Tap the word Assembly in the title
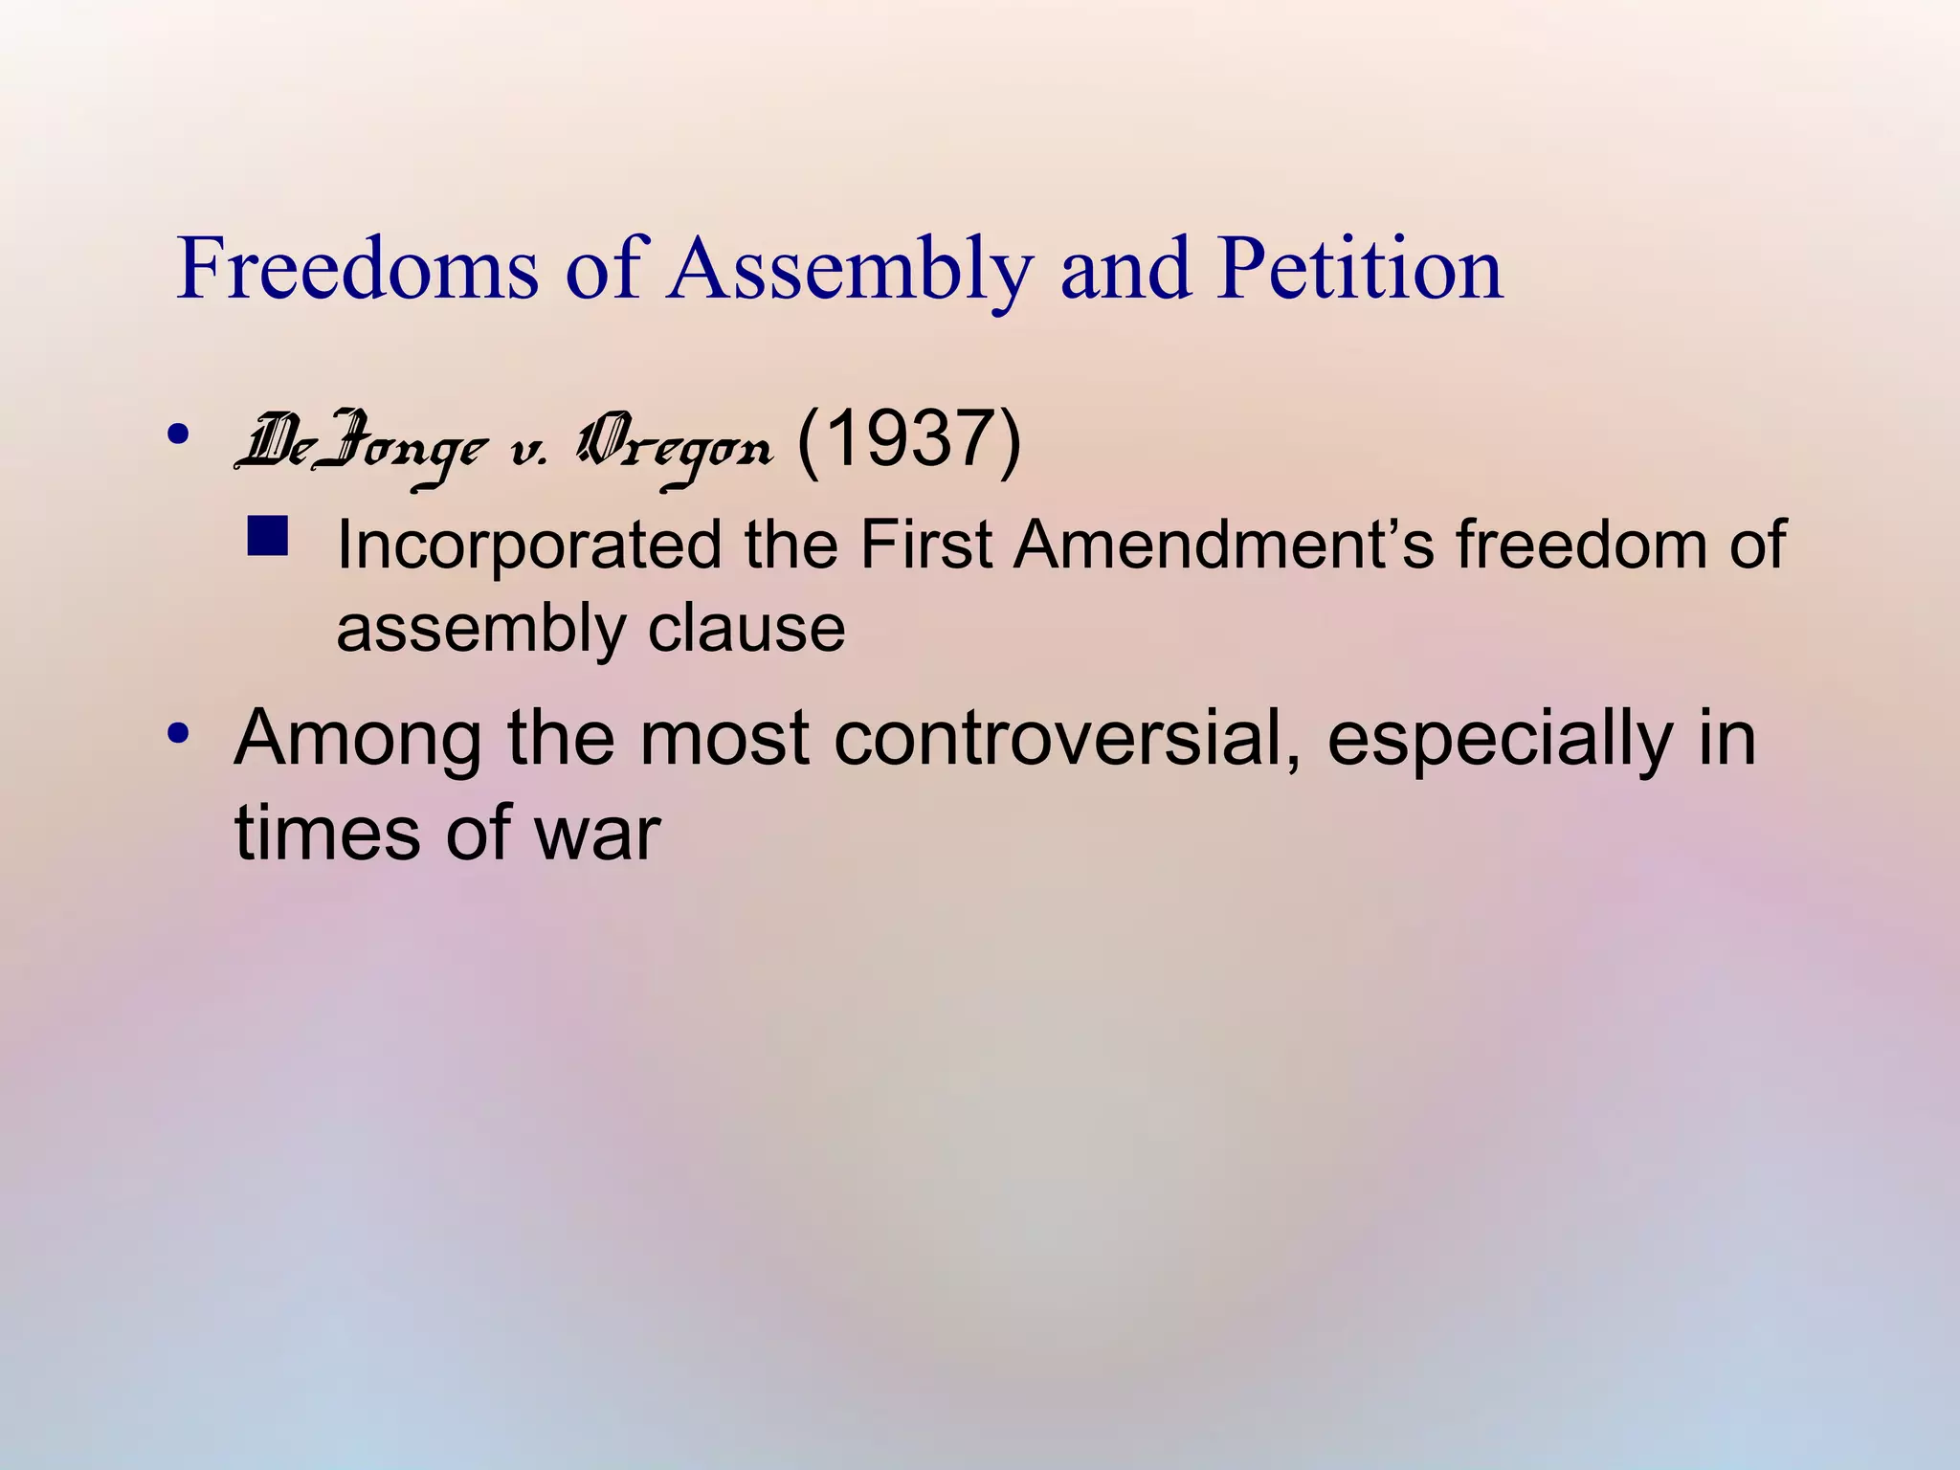click(x=851, y=271)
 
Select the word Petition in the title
click(x=1360, y=271)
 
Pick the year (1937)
click(x=908, y=442)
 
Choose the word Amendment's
click(x=1224, y=546)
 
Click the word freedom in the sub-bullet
click(x=1578, y=546)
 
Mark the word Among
click(x=358, y=739)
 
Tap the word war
click(x=597, y=833)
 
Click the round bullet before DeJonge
click(x=178, y=434)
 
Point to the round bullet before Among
click(x=178, y=735)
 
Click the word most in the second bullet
click(x=724, y=739)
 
